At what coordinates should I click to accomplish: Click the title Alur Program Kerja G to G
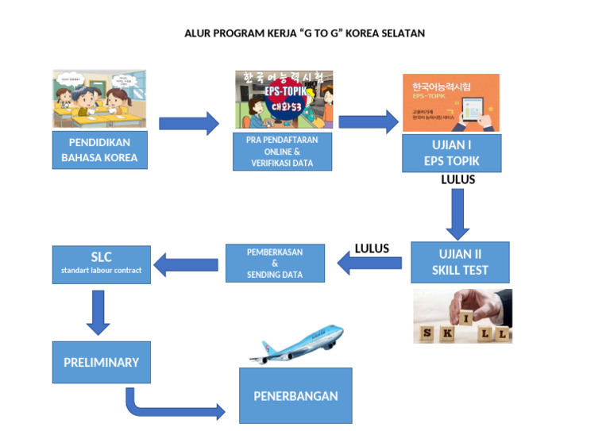tap(305, 33)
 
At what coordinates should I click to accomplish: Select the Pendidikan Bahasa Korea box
tap(99, 150)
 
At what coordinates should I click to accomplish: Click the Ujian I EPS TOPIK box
tap(451, 153)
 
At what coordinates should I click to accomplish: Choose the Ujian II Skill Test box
tap(460, 262)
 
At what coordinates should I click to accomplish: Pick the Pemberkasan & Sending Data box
tap(275, 263)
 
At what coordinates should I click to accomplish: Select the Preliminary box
tap(101, 363)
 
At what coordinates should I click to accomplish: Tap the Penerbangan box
tap(295, 395)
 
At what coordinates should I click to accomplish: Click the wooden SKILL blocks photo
tap(462, 316)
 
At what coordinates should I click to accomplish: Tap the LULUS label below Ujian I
tap(457, 180)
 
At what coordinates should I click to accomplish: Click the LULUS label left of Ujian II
tap(372, 248)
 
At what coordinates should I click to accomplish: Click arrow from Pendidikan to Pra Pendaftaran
tap(188, 123)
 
